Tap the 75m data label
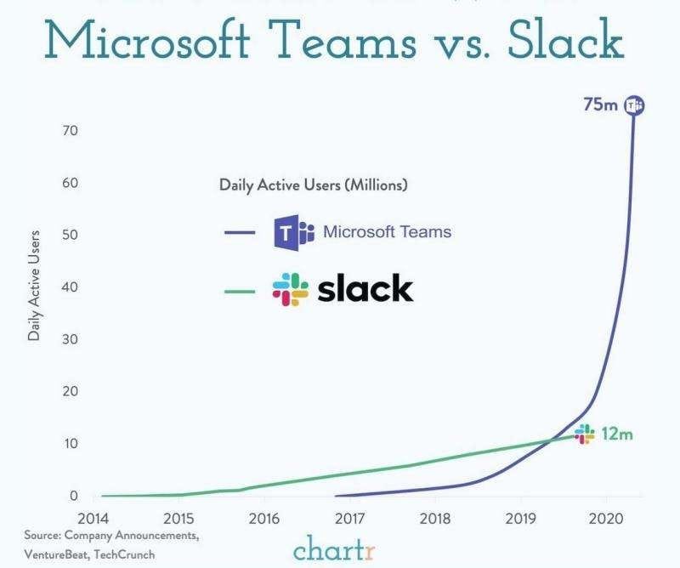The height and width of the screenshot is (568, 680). (x=599, y=105)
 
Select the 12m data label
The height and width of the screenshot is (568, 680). (x=617, y=434)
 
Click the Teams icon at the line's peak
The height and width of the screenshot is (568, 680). (x=634, y=105)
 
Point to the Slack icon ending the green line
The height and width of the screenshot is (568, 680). (x=585, y=434)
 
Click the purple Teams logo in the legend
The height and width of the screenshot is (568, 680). (x=288, y=231)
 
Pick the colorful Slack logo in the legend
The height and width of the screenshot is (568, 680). (x=291, y=290)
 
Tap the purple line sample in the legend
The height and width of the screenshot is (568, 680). (x=240, y=231)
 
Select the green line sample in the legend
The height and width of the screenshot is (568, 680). (x=240, y=290)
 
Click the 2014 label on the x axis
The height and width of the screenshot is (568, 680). (x=93, y=518)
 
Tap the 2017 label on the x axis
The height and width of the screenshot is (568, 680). (x=349, y=518)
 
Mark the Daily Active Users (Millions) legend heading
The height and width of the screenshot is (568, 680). (x=314, y=184)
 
